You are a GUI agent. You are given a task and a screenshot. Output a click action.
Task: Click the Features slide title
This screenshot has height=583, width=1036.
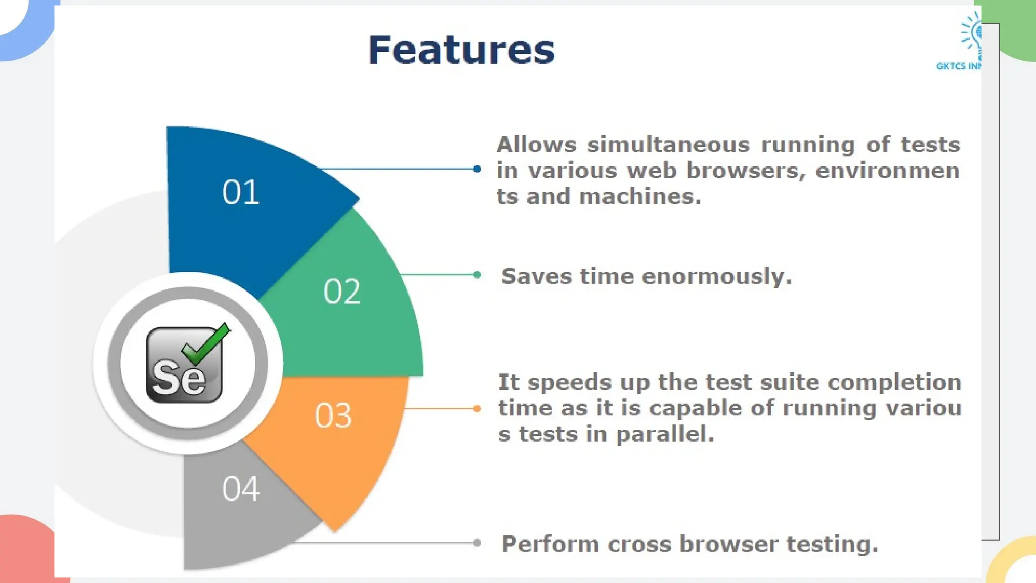tap(461, 50)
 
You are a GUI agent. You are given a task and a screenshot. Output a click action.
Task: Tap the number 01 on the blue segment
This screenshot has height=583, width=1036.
tap(241, 192)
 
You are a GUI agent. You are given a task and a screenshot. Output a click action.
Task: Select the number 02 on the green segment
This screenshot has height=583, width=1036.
tap(342, 291)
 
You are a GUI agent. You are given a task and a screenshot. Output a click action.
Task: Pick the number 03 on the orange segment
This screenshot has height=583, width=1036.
tap(333, 416)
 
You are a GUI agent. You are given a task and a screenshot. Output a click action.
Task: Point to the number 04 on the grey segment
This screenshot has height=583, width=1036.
tap(241, 489)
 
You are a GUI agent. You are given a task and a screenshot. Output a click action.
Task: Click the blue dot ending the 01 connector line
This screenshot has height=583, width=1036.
tap(477, 169)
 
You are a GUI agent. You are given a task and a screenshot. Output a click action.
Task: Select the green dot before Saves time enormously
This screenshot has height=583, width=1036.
tap(477, 275)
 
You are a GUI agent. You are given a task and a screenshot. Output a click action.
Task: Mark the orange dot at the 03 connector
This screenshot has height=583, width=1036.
tap(477, 408)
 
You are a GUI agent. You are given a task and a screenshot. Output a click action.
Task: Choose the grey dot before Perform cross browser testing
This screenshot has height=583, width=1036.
tap(477, 543)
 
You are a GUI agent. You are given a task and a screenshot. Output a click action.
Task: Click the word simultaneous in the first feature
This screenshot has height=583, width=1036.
tap(668, 145)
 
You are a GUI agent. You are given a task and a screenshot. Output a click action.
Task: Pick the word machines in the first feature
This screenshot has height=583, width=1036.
tap(640, 197)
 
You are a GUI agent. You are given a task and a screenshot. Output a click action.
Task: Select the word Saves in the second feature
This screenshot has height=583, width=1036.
tap(536, 277)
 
